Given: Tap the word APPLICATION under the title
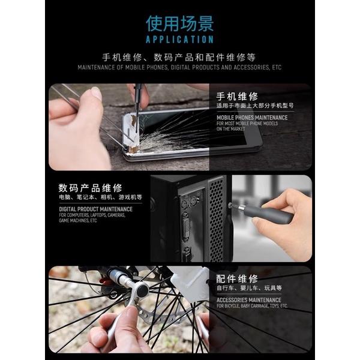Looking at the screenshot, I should (179, 40).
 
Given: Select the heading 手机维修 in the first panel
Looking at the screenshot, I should (237, 96).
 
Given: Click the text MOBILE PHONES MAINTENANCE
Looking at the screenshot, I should (252, 117).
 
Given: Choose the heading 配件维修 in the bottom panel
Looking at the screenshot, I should (237, 278).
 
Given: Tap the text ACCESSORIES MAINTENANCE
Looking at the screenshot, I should (249, 299).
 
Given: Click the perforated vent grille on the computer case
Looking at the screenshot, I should (216, 219).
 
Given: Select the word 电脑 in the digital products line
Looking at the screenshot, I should (64, 197).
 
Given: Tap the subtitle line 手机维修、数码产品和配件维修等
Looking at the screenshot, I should (179, 58).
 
